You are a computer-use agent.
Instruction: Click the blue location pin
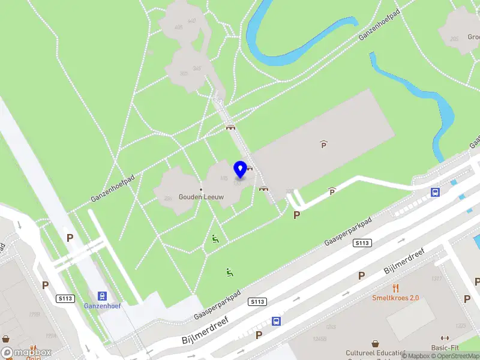point(240,169)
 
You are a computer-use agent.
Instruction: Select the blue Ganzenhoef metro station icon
point(102,296)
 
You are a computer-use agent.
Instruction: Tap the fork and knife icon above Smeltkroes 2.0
point(395,288)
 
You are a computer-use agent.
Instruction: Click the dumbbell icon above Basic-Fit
point(445,338)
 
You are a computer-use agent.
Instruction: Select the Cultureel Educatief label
point(376,353)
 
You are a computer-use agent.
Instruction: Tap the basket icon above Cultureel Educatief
point(376,344)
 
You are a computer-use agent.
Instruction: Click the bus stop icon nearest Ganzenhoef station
point(276,321)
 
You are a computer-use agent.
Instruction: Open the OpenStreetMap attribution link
point(456,356)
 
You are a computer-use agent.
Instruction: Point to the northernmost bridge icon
point(230,127)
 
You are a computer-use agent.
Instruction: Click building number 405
point(178,27)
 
